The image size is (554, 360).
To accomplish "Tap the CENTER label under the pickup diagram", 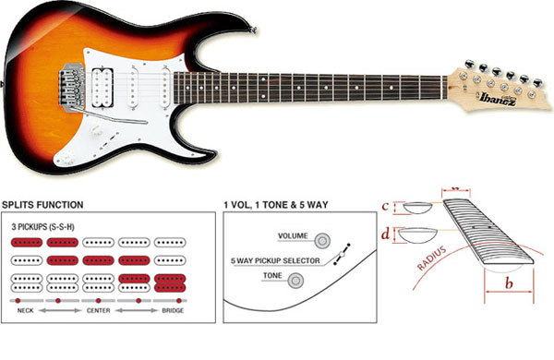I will click(98, 311).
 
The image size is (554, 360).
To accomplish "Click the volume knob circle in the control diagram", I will click(323, 241).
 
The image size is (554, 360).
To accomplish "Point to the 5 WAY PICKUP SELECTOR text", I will click(274, 259).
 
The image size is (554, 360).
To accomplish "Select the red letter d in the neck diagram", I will click(387, 235).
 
